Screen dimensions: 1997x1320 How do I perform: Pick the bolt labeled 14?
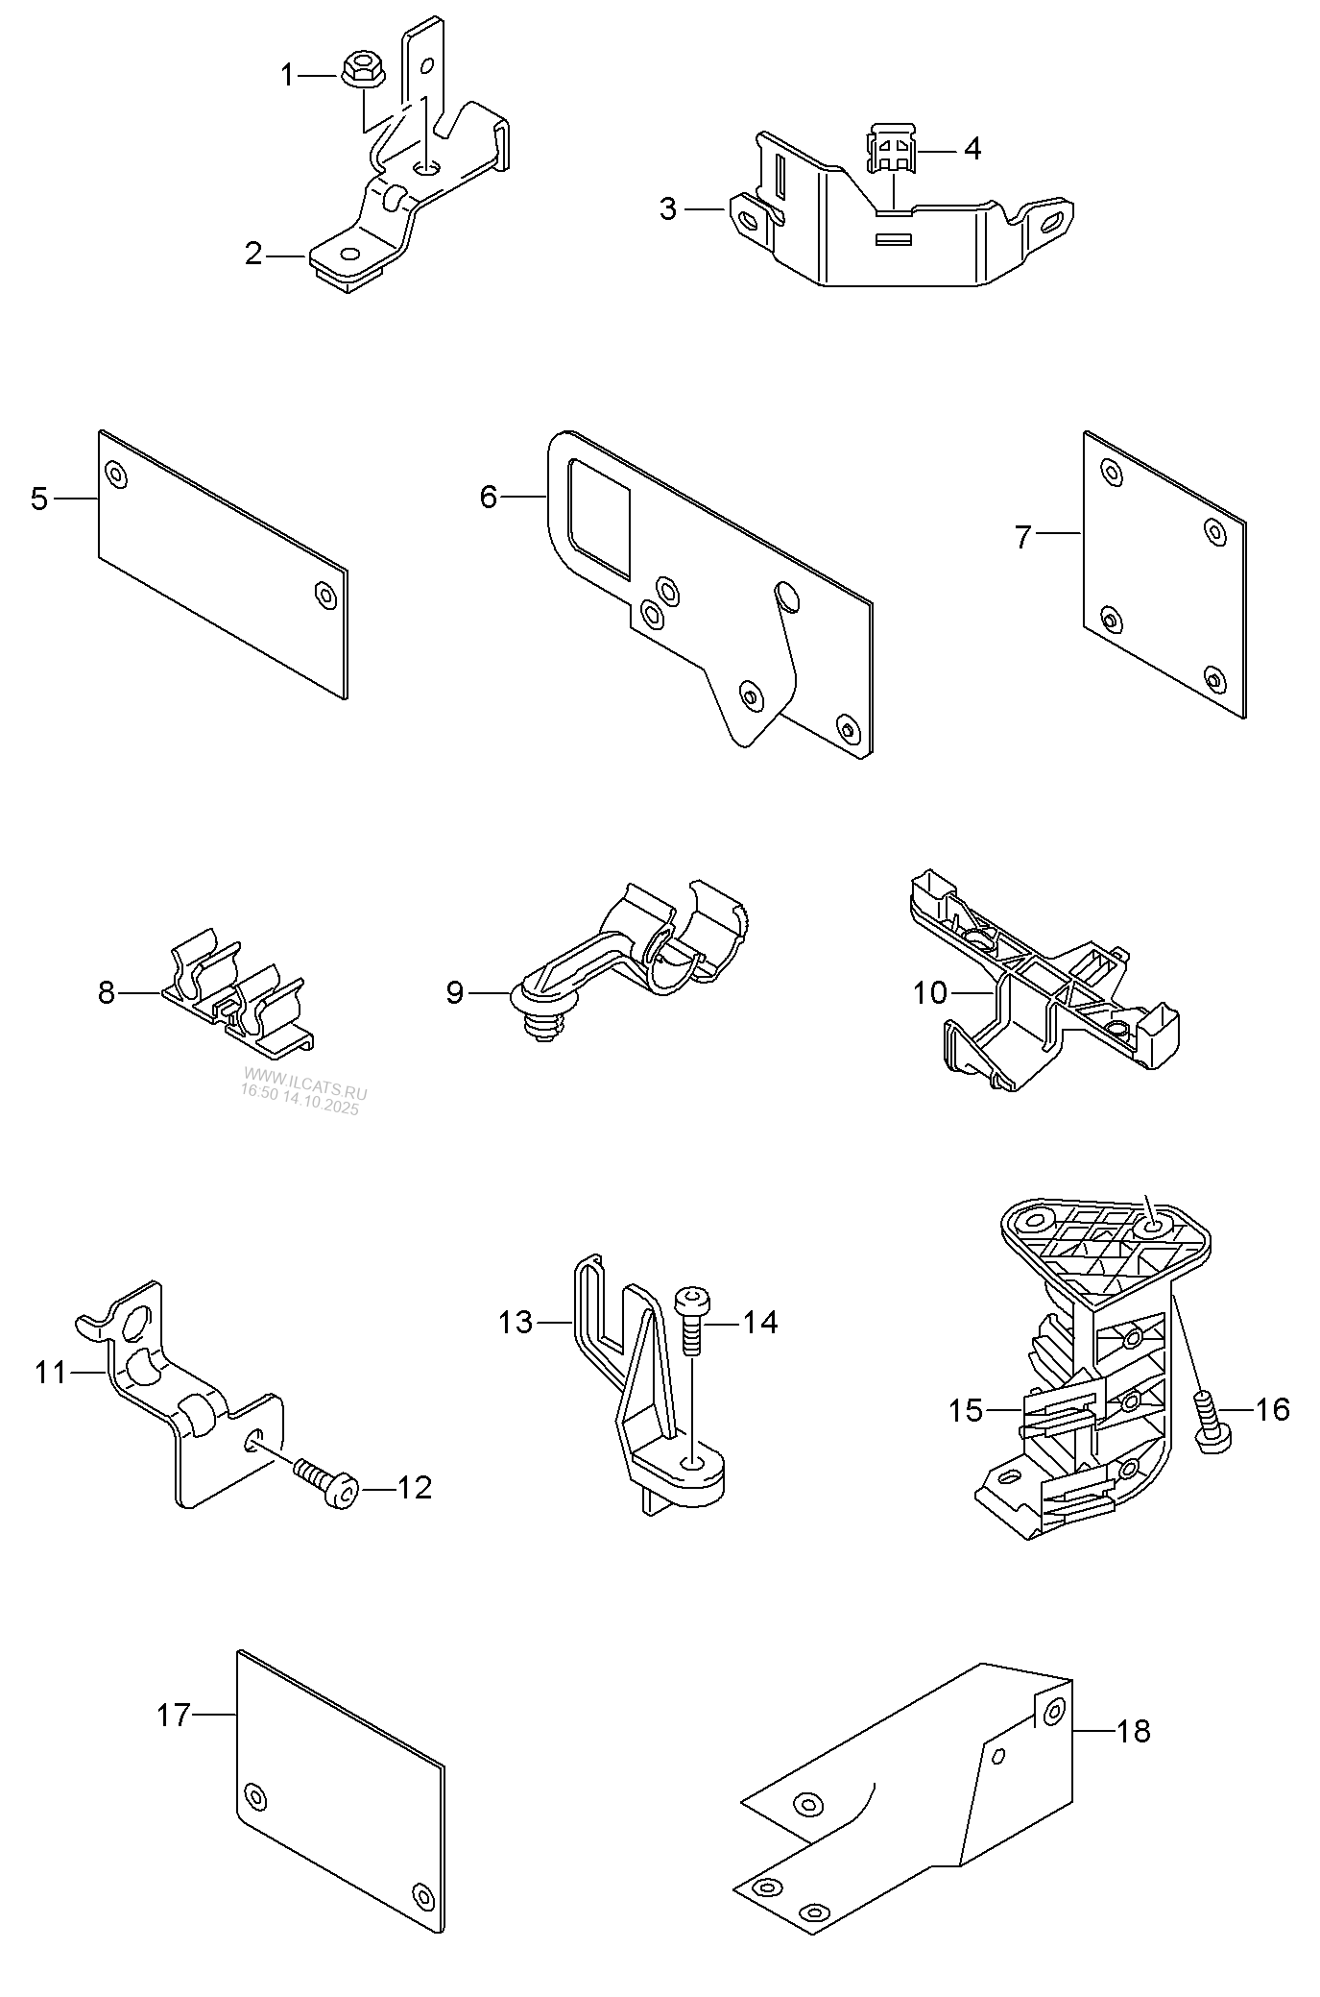[691, 1319]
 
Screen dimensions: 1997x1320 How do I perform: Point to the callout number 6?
[489, 498]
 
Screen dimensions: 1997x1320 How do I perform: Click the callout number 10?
[929, 993]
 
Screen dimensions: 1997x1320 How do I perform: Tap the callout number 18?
[1134, 1732]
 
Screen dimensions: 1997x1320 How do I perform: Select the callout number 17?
[175, 1715]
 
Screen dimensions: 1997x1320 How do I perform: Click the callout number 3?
[668, 208]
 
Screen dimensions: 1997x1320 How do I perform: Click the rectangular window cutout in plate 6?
[600, 518]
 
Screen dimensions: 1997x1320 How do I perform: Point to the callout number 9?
[454, 993]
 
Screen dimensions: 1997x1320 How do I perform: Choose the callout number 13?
[516, 1323]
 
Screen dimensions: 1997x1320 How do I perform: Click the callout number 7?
[1023, 537]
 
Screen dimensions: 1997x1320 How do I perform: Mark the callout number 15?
[967, 1411]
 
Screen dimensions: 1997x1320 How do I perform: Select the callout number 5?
[38, 499]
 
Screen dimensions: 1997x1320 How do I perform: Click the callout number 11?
[52, 1373]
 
